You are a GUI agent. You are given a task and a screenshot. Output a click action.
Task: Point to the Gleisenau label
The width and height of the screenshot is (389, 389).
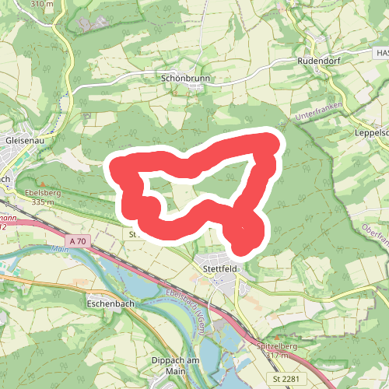click(x=22, y=139)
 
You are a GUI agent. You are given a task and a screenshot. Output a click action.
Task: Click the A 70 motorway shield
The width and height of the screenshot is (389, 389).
click(x=77, y=242)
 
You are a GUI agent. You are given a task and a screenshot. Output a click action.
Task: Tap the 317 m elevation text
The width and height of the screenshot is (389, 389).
click(x=278, y=356)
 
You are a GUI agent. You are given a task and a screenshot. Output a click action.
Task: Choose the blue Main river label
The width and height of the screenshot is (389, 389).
click(x=57, y=250)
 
